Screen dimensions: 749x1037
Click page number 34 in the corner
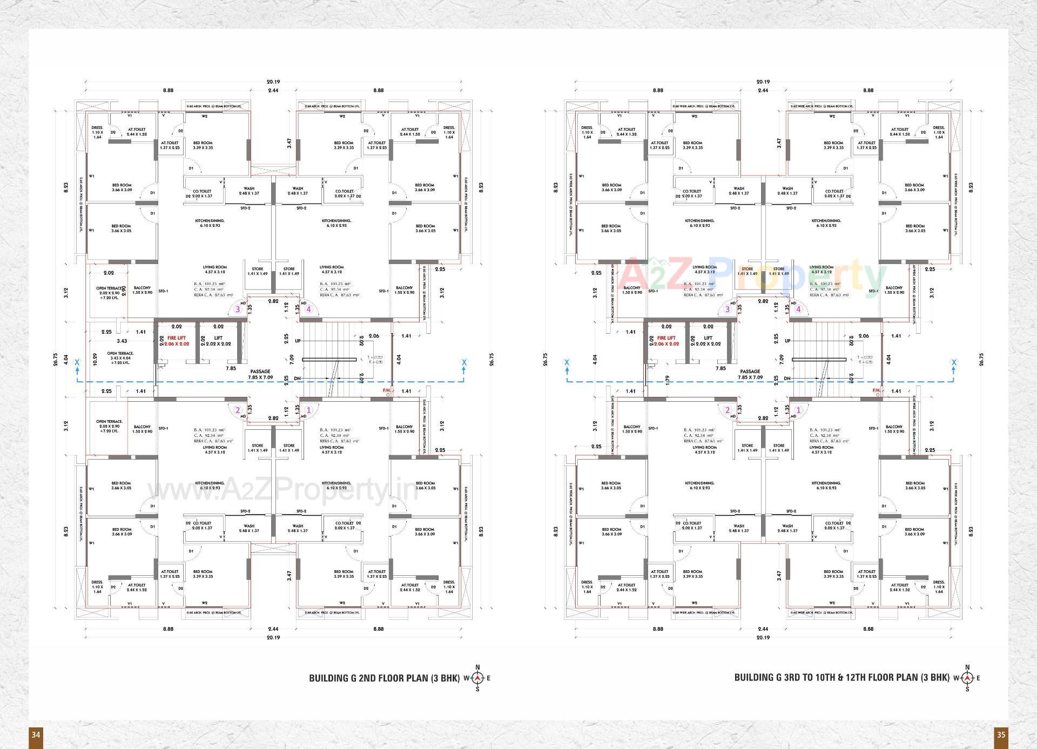pyautogui.click(x=36, y=734)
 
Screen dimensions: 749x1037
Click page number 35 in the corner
pyautogui.click(x=1001, y=734)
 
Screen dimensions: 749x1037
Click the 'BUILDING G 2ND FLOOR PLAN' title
pyautogui.click(x=384, y=678)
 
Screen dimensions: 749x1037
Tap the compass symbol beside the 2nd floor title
pyautogui.click(x=477, y=678)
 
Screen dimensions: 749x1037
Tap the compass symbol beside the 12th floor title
pyautogui.click(x=967, y=678)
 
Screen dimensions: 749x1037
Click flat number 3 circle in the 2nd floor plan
pyautogui.click(x=238, y=309)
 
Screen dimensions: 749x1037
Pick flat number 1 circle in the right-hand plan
pyautogui.click(x=798, y=410)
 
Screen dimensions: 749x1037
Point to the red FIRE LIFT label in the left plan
pyautogui.click(x=177, y=341)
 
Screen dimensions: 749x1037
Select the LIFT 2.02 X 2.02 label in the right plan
pyautogui.click(x=708, y=341)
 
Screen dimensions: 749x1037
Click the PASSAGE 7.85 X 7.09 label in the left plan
pyautogui.click(x=260, y=374)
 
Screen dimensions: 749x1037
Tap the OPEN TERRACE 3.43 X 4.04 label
pyautogui.click(x=120, y=357)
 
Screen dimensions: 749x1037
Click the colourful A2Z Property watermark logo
pyautogui.click(x=751, y=274)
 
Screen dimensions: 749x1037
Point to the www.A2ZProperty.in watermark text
pyautogui.click(x=281, y=490)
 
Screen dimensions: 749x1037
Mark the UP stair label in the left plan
pyautogui.click(x=298, y=341)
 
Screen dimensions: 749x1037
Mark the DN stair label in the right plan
pyautogui.click(x=787, y=379)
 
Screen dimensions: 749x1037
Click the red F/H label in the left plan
pyautogui.click(x=386, y=390)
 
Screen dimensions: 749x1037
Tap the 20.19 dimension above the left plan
pyautogui.click(x=273, y=82)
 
